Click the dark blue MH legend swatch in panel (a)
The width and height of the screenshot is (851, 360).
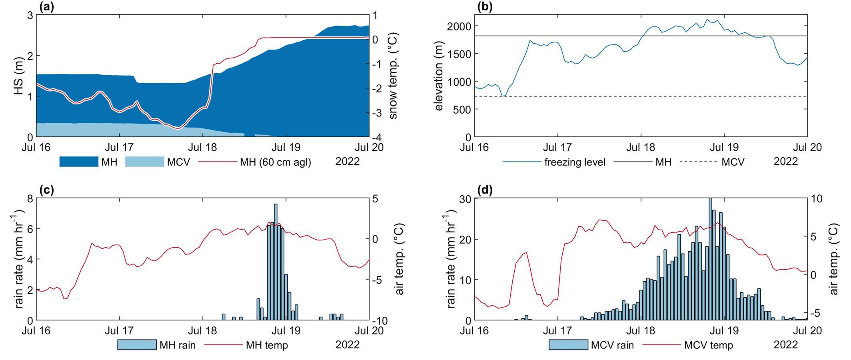click(78, 162)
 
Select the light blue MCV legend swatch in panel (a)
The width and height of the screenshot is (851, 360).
click(144, 162)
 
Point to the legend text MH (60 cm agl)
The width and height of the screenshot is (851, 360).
click(275, 162)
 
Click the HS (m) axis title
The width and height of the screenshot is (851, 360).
click(19, 76)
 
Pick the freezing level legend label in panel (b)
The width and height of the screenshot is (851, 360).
click(575, 162)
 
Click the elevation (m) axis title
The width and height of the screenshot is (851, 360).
click(439, 76)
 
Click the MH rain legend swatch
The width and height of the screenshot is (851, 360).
click(137, 345)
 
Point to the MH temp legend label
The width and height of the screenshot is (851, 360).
click(267, 345)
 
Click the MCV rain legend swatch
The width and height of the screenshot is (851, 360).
click(568, 345)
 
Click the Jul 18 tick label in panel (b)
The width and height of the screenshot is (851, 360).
click(641, 148)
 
